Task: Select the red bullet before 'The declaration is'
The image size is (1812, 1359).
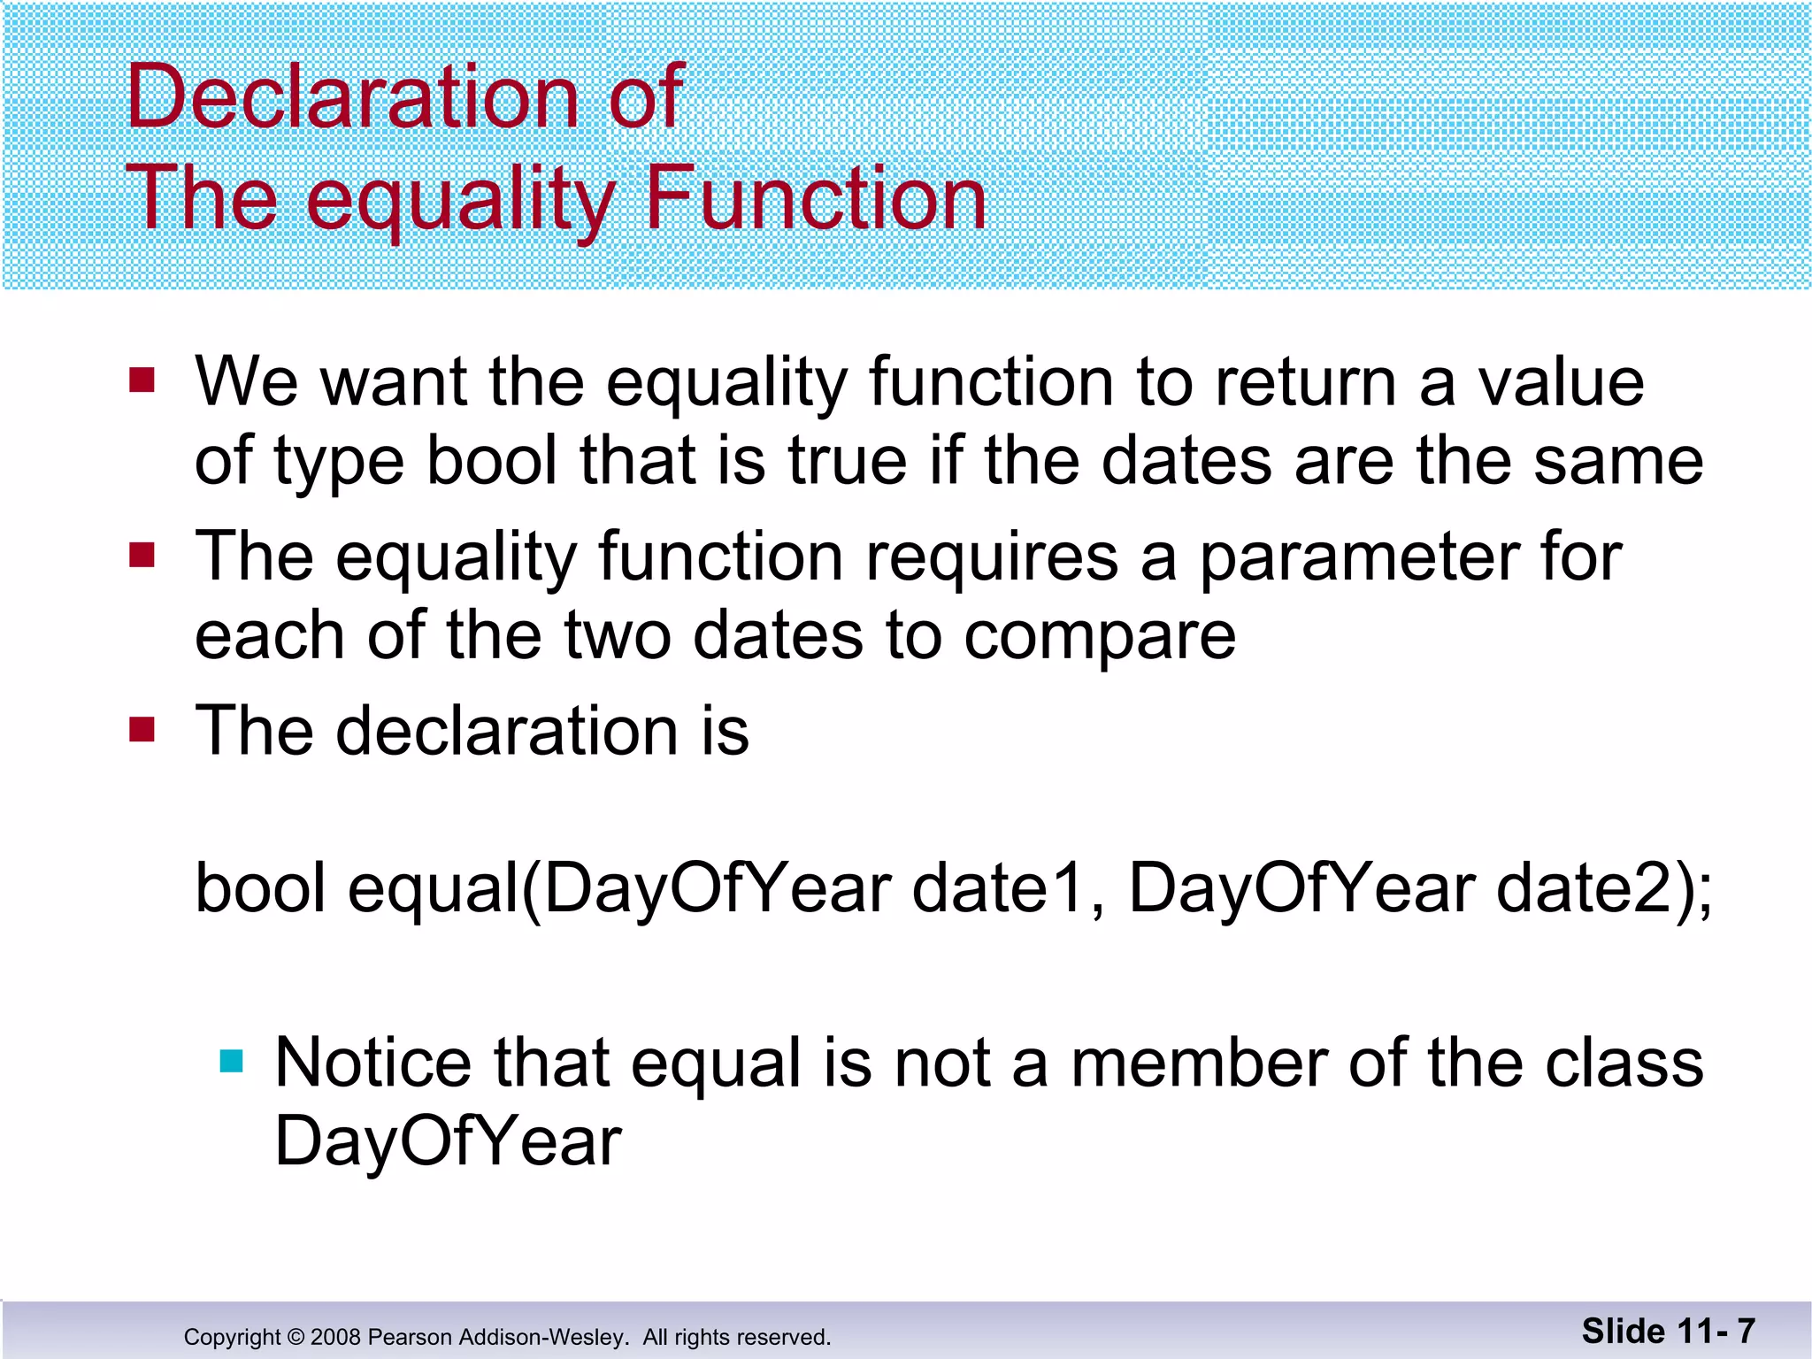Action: point(142,730)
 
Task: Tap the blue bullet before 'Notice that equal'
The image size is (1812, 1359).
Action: point(231,1061)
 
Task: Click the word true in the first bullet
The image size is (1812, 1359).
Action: point(847,461)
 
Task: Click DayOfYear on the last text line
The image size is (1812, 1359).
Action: point(448,1141)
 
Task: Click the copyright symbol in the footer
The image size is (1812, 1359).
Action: point(296,1337)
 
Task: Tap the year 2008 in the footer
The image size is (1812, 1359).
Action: point(336,1337)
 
